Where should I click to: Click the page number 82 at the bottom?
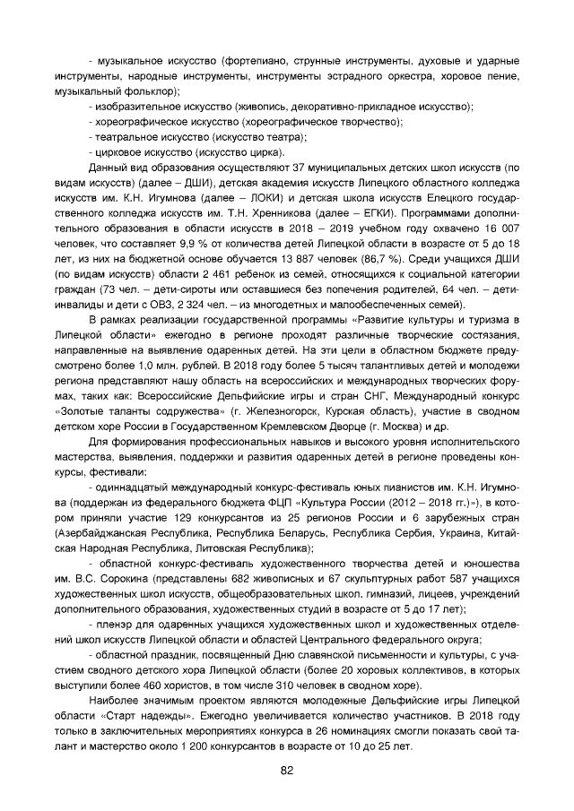(x=287, y=771)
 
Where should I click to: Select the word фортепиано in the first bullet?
(x=259, y=60)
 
